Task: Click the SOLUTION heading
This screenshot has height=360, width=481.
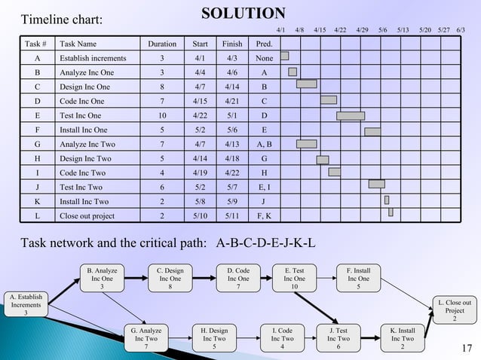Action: (243, 13)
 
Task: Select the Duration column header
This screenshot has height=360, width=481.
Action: (162, 44)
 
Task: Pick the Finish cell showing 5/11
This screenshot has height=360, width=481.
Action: (232, 215)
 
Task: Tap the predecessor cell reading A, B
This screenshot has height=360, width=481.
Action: (264, 144)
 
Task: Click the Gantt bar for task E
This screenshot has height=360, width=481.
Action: (351, 115)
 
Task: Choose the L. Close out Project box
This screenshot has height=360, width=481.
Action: (454, 310)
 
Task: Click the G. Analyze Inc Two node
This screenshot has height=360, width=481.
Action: (146, 337)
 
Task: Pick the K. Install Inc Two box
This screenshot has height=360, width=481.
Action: (402, 337)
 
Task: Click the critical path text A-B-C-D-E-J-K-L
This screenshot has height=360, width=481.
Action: (266, 243)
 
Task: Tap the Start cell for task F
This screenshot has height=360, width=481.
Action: (201, 130)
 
